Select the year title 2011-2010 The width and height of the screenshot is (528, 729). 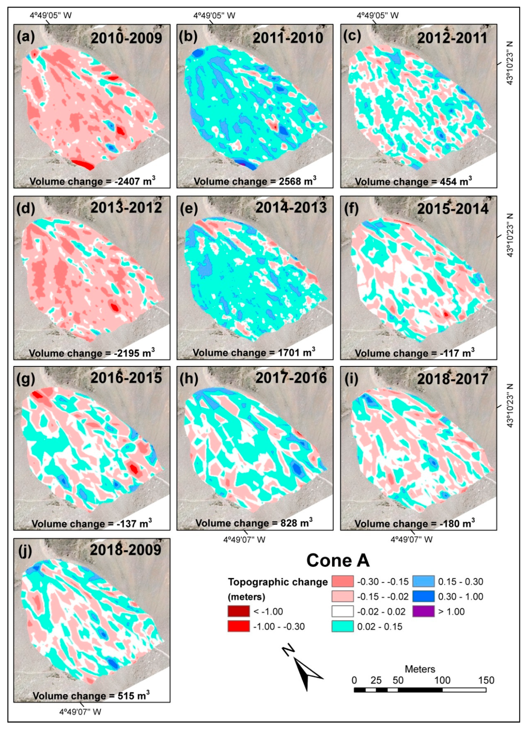tap(288, 38)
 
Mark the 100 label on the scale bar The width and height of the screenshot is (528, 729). tap(442, 680)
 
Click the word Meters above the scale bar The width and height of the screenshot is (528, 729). tap(419, 669)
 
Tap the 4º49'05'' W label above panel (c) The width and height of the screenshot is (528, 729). tap(378, 16)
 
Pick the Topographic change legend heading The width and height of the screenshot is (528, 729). tap(278, 582)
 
